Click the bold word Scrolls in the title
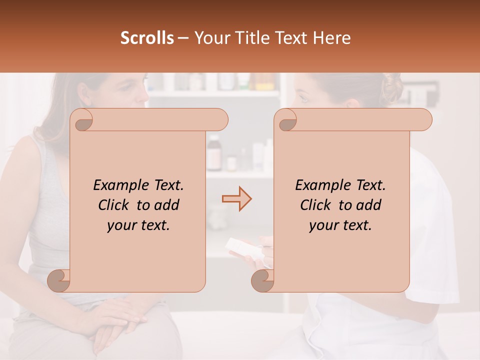(x=147, y=38)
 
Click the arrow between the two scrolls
(x=236, y=199)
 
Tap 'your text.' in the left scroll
(x=138, y=225)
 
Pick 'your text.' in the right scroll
(x=340, y=225)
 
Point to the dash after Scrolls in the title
(x=183, y=38)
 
